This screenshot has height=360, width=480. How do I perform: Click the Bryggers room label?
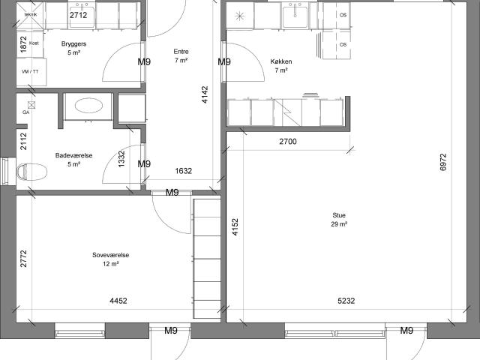click(73, 43)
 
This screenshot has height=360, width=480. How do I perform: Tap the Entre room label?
click(181, 52)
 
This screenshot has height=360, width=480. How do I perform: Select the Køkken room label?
click(281, 61)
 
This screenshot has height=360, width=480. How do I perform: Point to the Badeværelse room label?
click(73, 155)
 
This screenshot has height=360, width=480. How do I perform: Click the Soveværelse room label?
click(111, 255)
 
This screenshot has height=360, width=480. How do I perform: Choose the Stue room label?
click(339, 215)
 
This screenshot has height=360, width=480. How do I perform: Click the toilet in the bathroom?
click(31, 172)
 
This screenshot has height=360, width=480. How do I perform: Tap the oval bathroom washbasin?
click(88, 106)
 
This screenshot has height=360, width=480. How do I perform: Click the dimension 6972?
click(443, 162)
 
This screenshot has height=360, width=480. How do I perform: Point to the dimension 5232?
click(346, 301)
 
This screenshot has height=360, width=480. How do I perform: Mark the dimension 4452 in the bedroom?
click(118, 301)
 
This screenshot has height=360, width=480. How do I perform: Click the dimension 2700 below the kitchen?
click(288, 142)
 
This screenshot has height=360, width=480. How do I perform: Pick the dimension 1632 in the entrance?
click(183, 171)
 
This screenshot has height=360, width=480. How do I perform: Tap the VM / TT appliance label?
click(30, 72)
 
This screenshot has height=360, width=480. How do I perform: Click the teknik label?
click(31, 14)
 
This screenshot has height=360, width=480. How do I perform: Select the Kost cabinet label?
click(34, 43)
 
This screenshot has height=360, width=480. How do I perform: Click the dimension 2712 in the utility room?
click(78, 15)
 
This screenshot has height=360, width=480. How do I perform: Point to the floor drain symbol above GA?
click(31, 105)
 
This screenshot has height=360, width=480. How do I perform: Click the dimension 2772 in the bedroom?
click(23, 259)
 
